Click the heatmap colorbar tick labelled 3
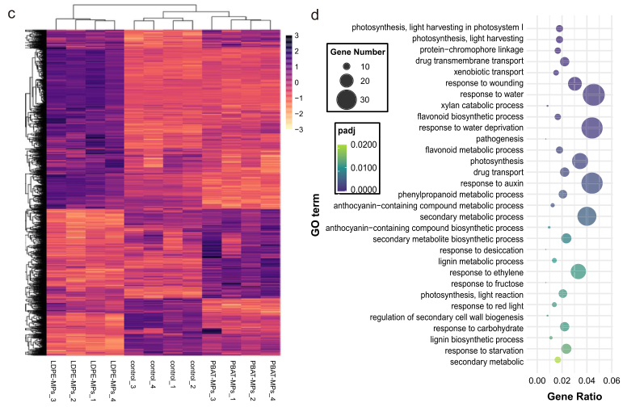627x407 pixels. click(x=297, y=36)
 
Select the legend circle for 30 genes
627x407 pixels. click(x=346, y=99)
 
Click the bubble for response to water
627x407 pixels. click(x=595, y=94)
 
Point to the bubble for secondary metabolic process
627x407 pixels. click(x=587, y=216)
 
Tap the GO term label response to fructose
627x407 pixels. click(x=486, y=283)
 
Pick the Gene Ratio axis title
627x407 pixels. click(x=574, y=397)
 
